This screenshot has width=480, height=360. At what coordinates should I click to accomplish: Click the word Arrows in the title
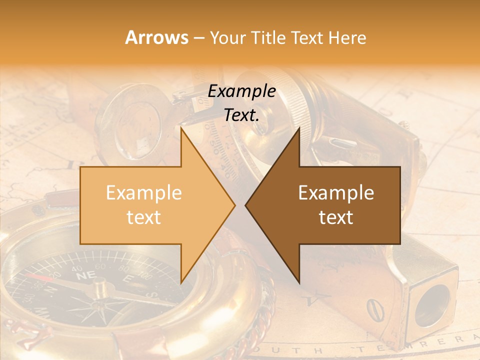click(156, 38)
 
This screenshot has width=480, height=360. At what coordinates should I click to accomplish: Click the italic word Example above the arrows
click(242, 91)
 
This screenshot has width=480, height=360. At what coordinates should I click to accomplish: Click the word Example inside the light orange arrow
click(144, 193)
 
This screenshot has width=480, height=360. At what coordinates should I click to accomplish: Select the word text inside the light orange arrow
click(144, 217)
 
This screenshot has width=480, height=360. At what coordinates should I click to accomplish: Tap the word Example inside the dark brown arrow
click(336, 193)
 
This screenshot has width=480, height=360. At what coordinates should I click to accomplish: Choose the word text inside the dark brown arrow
click(336, 217)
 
